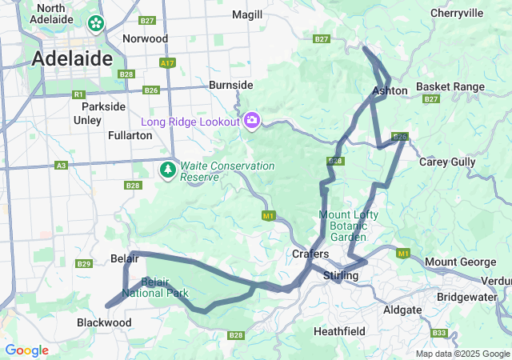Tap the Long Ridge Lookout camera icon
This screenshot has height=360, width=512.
coord(252,121)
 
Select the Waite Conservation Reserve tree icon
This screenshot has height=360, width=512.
coord(168,170)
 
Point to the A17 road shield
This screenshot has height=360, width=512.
coord(167,62)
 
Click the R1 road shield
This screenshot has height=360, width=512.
coord(78,94)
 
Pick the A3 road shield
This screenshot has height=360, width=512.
coord(61,165)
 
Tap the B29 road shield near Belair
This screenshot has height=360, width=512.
coord(83,263)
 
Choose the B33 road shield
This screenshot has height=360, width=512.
coord(438,333)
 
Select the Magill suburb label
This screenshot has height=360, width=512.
coord(247,14)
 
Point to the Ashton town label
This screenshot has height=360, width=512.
coord(390,90)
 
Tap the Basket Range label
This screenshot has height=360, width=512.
coord(450,86)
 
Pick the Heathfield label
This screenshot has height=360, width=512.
coord(339,330)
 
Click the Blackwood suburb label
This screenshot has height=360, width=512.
coord(104,322)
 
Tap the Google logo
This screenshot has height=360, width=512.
coord(26,350)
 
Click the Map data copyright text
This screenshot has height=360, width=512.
coord(462,354)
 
